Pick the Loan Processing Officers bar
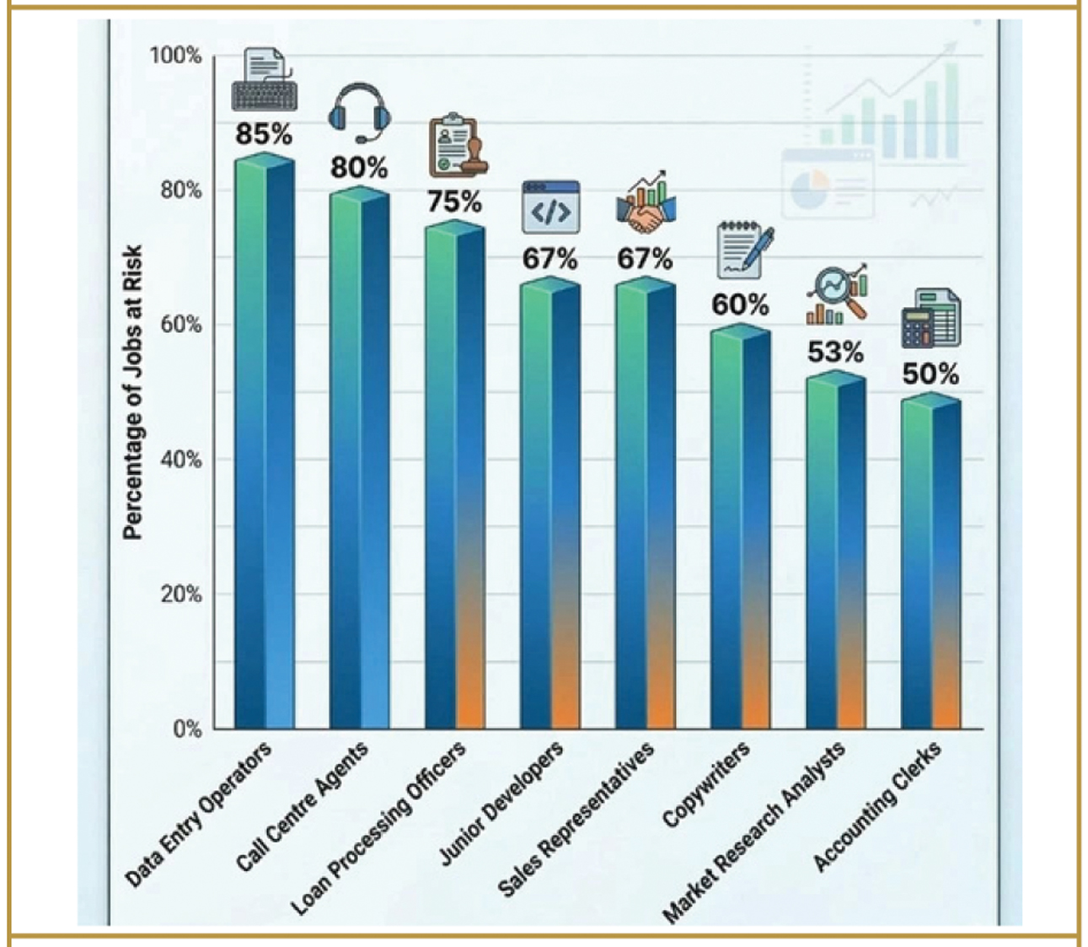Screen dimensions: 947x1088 coord(454,476)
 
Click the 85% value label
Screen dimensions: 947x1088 coord(264,134)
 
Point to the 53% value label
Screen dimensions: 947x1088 coord(835,352)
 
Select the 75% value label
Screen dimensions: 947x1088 coord(454,202)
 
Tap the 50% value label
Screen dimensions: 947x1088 coord(930,374)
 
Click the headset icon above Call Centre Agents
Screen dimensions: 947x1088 coord(359,114)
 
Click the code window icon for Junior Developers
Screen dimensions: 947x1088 coord(550,207)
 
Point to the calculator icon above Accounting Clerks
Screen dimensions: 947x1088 coord(930,318)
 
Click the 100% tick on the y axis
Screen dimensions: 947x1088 coord(175,56)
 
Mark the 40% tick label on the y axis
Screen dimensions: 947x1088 coord(180,460)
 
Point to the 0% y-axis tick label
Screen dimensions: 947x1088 coord(187,729)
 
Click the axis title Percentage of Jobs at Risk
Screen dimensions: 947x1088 coord(132,392)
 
